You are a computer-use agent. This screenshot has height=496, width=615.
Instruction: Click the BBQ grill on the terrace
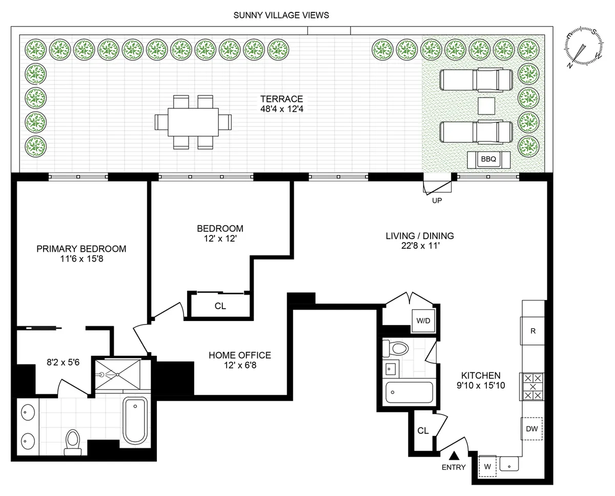pos(488,159)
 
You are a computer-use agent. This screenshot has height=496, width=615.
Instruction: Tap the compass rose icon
pos(583,49)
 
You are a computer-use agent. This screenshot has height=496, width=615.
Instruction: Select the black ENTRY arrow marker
pos(454,455)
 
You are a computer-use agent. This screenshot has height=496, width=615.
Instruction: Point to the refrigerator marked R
pos(533,331)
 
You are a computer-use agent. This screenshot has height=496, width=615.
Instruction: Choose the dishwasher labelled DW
pos(532,429)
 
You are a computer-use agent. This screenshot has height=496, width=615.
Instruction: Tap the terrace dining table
pos(193,122)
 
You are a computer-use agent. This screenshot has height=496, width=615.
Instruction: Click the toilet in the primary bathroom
pos(73,441)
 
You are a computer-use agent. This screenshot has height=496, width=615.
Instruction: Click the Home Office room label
pos(239,355)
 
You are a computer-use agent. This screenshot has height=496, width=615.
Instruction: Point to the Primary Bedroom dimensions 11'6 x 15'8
pos(81,260)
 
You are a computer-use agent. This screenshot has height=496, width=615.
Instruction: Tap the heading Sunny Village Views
pos(281,15)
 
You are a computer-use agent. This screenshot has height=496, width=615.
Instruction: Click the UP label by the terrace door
pos(437,201)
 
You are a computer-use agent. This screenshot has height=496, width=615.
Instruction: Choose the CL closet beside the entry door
pos(423,430)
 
